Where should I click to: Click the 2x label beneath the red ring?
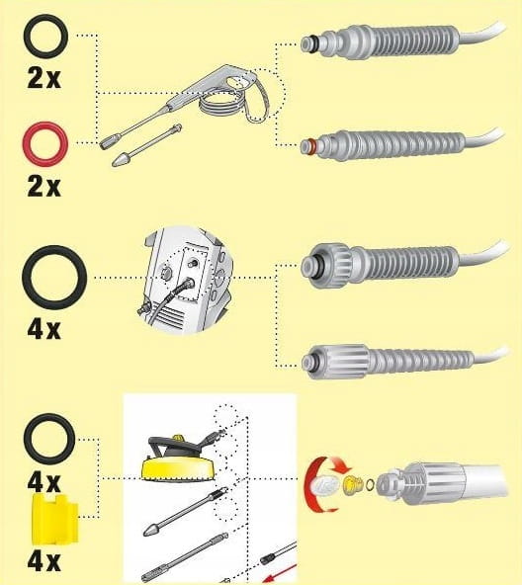click(44, 186)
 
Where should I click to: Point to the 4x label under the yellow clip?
click(44, 561)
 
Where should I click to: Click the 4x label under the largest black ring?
click(44, 329)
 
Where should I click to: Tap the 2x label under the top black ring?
click(44, 78)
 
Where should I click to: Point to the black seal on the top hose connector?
click(316, 43)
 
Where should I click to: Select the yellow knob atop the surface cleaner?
click(178, 437)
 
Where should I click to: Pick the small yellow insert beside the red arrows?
click(353, 484)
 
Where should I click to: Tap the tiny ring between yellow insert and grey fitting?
click(370, 484)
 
